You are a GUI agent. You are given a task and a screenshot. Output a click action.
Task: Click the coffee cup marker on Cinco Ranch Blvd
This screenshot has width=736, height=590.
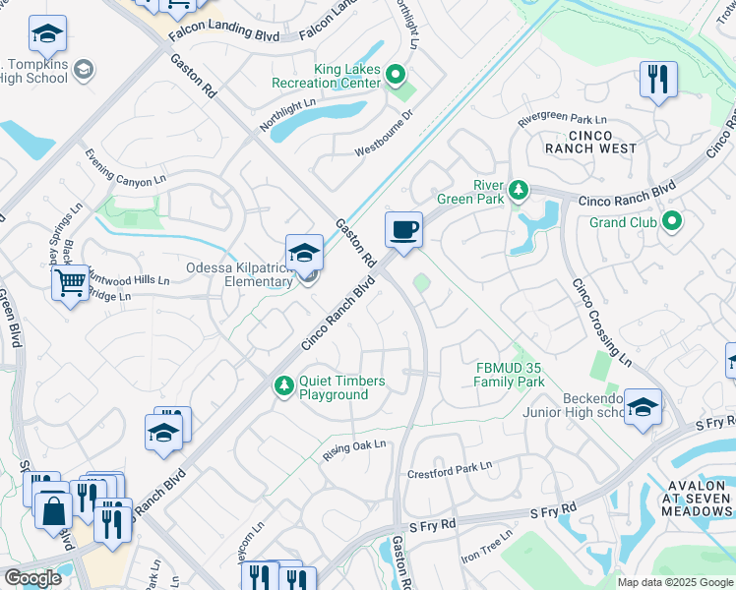tap(403, 231)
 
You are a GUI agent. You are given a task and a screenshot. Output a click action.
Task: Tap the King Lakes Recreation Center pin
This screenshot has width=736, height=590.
tap(396, 74)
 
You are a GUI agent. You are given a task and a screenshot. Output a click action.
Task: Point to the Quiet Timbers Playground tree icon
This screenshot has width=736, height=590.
tap(283, 384)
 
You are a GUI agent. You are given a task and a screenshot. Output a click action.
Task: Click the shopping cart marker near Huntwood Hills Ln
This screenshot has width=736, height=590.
tap(71, 283)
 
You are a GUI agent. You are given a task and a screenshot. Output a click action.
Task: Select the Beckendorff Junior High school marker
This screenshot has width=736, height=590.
tap(642, 407)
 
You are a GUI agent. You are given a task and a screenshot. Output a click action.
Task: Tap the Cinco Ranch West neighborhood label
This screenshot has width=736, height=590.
tap(589, 143)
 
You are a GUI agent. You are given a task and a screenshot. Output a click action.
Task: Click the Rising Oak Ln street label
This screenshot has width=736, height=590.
tap(355, 451)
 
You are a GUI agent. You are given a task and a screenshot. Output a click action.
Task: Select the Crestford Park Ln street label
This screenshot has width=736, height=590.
tap(449, 468)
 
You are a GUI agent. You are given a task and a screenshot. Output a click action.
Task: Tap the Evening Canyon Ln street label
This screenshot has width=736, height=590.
tap(125, 167)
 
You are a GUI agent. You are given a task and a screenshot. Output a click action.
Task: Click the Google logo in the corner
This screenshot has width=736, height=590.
tap(31, 578)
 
